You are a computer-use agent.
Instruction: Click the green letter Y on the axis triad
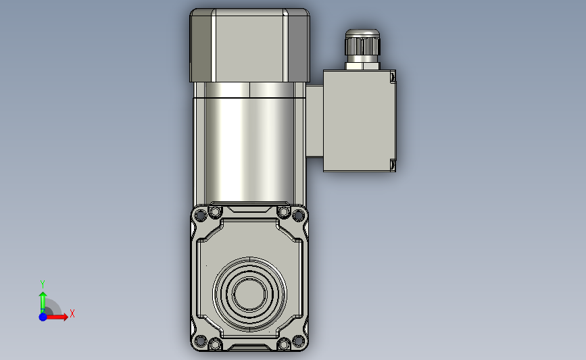(x=42, y=284)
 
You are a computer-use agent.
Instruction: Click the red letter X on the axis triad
(x=72, y=313)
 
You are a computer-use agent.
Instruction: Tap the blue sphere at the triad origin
(x=43, y=317)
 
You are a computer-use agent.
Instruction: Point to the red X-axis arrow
(x=57, y=317)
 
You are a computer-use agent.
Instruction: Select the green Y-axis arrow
(x=43, y=302)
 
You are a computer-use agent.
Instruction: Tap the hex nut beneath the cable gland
(x=362, y=66)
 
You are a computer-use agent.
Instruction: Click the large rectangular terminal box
(x=359, y=121)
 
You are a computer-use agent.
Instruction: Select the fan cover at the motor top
(x=249, y=45)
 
